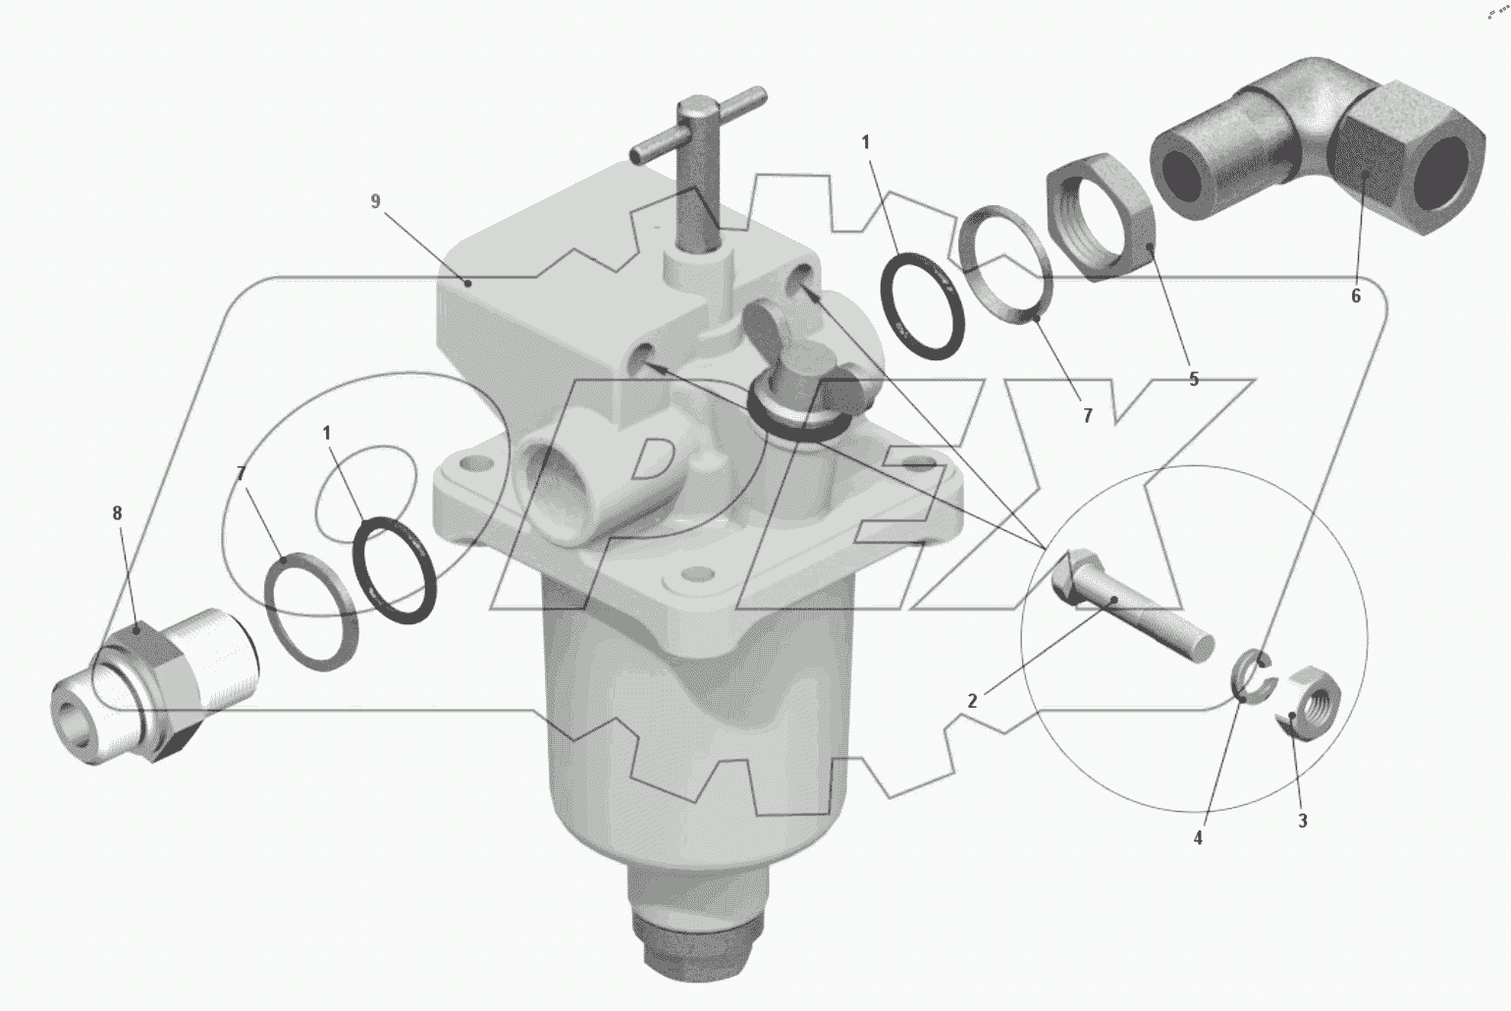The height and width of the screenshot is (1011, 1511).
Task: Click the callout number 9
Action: point(376,201)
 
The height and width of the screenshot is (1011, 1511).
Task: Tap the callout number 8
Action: point(118,513)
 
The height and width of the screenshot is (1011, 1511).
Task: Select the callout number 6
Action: point(1356,295)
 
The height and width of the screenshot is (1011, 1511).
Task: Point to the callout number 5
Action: point(1194,379)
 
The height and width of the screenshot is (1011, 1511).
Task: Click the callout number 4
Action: point(1198,838)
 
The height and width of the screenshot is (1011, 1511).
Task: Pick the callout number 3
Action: point(1303,821)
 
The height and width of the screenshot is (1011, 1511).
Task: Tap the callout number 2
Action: point(972,701)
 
